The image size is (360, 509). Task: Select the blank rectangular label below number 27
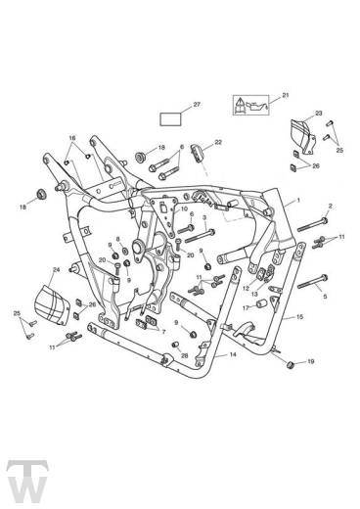tap(170, 122)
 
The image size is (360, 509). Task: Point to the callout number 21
tap(286, 95)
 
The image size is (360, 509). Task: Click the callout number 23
tap(291, 114)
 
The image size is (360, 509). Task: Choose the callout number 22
tap(218, 143)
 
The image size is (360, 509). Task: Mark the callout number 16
tap(71, 138)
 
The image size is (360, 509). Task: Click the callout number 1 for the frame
tap(298, 200)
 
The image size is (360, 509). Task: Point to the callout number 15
tap(300, 317)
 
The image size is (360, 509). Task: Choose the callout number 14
tap(232, 356)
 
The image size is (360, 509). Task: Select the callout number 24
tap(56, 268)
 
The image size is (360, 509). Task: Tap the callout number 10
tap(185, 209)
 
